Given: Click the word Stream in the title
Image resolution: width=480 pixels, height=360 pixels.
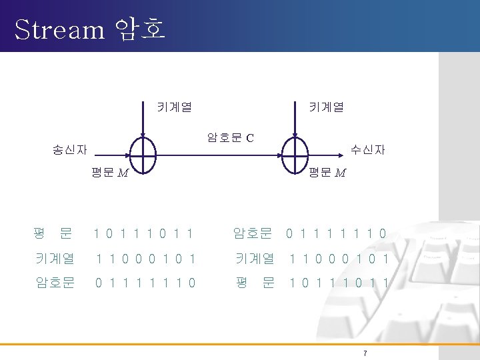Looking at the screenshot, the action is click(59, 29).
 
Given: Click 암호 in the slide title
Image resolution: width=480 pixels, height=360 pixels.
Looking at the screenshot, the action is click(140, 29).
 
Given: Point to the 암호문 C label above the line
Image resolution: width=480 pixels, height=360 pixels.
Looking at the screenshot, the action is click(230, 139).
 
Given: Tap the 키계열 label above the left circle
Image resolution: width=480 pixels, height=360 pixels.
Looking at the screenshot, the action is click(175, 105).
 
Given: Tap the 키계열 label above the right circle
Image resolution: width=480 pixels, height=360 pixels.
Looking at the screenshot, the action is click(326, 105).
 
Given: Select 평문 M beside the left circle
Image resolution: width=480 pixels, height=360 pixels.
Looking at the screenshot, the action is click(111, 174).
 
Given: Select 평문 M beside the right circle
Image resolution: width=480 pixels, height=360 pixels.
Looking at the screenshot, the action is click(327, 173).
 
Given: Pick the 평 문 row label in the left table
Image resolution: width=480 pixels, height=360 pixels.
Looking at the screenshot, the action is click(53, 233).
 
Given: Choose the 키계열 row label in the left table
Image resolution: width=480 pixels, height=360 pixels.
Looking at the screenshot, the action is click(55, 257).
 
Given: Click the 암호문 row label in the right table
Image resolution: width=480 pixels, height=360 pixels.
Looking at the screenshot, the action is click(253, 233).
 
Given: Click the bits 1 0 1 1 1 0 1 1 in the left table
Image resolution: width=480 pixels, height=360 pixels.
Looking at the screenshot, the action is click(144, 233).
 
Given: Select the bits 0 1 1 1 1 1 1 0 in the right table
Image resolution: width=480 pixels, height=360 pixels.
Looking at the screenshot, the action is click(337, 233).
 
